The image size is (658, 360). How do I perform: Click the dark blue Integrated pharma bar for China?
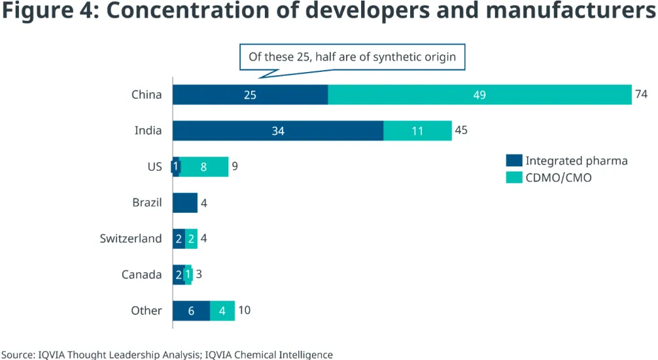250,95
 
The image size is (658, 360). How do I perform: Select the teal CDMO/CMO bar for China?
479,95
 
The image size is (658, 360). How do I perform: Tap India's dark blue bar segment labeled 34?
278,131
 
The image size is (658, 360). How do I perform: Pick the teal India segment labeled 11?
417,131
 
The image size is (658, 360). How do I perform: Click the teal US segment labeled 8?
204,167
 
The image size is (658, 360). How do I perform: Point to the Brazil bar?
185,203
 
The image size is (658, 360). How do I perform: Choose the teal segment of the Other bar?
222,311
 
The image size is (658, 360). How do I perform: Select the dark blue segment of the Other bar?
191,311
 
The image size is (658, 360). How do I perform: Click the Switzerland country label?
131,239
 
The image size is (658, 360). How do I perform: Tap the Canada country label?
142,275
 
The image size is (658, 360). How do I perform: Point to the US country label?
154,167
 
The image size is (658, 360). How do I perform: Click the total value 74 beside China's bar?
641,95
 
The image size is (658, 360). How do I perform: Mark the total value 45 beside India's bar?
461,130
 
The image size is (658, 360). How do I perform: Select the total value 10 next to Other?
243,310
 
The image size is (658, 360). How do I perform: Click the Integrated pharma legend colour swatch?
514,161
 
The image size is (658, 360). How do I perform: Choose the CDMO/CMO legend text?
559,177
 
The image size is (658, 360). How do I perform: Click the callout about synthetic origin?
352,57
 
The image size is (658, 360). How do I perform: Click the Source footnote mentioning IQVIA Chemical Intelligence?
167,355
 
